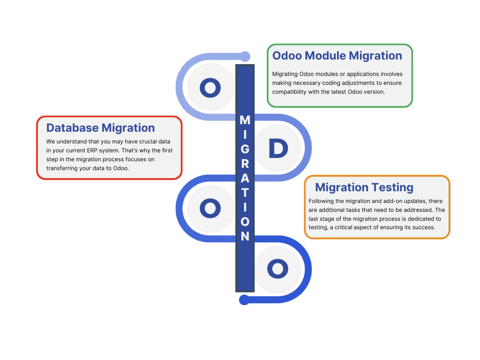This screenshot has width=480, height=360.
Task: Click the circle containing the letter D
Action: [x=277, y=148]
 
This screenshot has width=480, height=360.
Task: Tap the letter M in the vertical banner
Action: [x=245, y=120]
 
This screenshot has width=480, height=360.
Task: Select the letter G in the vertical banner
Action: [x=245, y=150]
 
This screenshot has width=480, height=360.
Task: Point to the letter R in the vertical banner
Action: [x=245, y=165]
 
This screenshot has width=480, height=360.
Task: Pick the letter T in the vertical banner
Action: [x=245, y=193]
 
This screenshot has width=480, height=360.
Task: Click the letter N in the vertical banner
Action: [x=245, y=236]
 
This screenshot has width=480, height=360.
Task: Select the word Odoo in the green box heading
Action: [x=287, y=56]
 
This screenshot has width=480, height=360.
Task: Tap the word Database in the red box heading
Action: [x=72, y=128]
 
